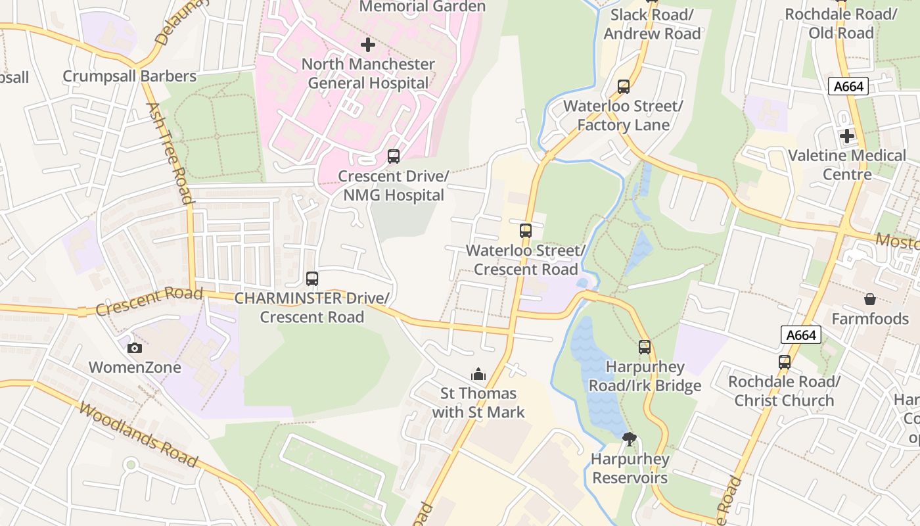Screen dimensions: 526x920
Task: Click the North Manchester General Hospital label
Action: (x=368, y=74)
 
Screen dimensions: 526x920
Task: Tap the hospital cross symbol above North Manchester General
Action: (x=368, y=45)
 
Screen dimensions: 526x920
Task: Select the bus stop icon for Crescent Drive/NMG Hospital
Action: (x=394, y=156)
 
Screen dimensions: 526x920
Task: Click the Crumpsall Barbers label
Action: (x=129, y=76)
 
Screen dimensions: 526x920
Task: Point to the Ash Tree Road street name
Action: (x=170, y=153)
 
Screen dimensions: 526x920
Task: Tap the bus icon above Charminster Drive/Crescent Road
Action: (x=312, y=279)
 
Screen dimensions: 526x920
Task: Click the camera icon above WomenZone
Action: (x=135, y=348)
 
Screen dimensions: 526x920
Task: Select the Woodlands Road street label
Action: (x=138, y=435)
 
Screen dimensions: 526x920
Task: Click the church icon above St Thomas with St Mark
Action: (x=478, y=374)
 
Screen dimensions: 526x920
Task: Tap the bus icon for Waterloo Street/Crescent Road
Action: (x=526, y=231)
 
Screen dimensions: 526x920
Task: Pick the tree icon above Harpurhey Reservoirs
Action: (x=630, y=439)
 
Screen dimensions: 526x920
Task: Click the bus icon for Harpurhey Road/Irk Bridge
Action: (x=645, y=347)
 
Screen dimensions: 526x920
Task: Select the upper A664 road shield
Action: (x=848, y=86)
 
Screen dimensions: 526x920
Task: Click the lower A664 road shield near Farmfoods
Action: (x=802, y=335)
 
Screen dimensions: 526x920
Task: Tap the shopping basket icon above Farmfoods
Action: (x=870, y=299)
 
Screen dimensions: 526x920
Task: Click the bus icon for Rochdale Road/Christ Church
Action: (x=784, y=362)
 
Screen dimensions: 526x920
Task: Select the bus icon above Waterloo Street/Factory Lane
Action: (x=623, y=87)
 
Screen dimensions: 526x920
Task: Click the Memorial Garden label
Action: (x=423, y=7)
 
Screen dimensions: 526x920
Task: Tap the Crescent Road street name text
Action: (x=149, y=301)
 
